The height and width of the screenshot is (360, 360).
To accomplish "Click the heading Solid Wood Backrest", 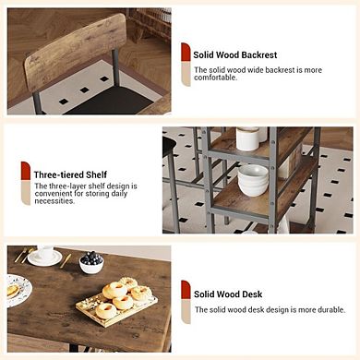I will [235, 55].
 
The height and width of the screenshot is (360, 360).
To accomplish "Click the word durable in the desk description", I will [325, 309].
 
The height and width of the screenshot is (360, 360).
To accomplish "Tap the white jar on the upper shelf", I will [247, 138].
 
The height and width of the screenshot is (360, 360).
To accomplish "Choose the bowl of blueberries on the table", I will [91, 262].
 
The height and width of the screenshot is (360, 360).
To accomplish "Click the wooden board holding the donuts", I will [114, 304].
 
